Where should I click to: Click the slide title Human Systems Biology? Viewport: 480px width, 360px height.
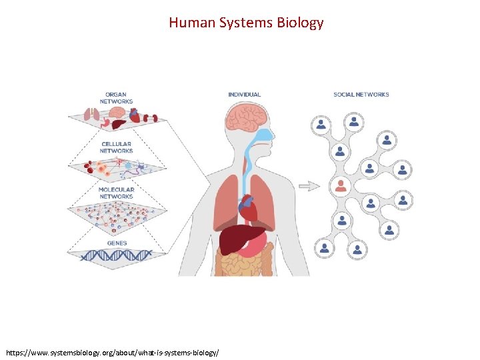(246, 23)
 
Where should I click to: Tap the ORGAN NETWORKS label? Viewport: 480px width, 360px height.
(117, 98)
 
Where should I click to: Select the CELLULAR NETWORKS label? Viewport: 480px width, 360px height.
(116, 147)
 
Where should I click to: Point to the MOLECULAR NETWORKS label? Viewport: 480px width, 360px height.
(117, 193)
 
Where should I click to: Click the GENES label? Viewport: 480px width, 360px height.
(116, 243)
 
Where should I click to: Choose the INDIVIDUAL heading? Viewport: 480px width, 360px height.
(245, 95)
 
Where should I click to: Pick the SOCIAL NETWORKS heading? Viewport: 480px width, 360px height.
(361, 95)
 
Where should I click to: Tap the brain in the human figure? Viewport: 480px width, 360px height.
(247, 118)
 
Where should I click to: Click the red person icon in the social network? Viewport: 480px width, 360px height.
(341, 185)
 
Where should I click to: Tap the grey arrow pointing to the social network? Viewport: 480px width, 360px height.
(309, 186)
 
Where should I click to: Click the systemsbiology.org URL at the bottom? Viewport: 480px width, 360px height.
(112, 351)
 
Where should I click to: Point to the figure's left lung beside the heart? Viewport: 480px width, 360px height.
(266, 200)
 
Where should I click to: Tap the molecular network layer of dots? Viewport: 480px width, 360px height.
(117, 212)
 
